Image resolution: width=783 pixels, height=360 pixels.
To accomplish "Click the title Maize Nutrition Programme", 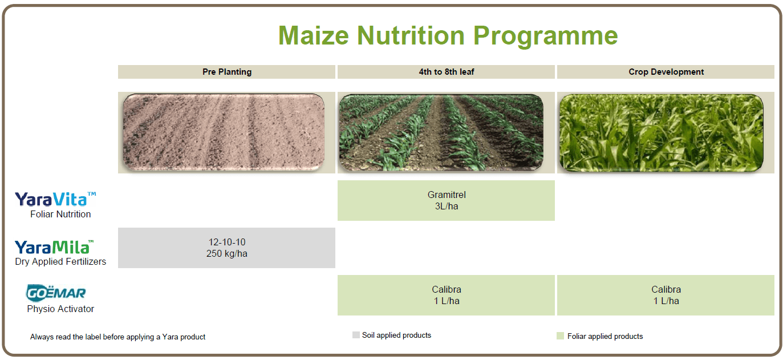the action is tap(448, 36).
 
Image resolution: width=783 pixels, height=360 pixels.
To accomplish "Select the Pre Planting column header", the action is tap(226, 72).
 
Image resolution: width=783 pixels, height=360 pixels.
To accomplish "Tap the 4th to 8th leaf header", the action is tap(446, 72).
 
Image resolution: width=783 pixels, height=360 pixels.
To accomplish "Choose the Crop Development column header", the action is tap(666, 72).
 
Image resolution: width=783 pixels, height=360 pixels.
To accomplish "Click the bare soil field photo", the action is tap(224, 132).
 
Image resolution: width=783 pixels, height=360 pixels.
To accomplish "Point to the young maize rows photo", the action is tap(441, 132).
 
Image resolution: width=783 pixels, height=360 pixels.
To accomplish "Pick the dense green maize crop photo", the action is tap(661, 133).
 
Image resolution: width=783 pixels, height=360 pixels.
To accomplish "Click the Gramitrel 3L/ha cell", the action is tap(446, 200).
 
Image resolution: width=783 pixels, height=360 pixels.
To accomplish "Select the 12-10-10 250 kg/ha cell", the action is tap(226, 248).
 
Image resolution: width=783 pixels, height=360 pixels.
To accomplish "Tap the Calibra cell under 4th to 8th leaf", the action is tap(446, 296).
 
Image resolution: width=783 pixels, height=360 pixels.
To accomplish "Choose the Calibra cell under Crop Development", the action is tap(666, 296).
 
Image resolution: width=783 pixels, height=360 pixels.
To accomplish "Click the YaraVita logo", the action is tap(55, 199).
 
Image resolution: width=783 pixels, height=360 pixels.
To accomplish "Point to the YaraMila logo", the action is tap(54, 247).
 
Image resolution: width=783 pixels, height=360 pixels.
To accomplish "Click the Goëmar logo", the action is tap(56, 293).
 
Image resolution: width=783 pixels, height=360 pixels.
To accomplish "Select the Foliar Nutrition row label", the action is tap(60, 214).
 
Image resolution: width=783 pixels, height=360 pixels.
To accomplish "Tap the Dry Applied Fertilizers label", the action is tap(60, 262).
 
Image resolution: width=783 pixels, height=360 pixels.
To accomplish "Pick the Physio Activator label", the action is tap(60, 309).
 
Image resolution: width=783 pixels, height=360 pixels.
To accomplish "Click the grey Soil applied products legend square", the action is tap(356, 335).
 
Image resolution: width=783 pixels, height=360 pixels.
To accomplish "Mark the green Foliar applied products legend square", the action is tap(560, 336).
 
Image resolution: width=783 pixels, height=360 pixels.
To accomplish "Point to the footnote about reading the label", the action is tap(118, 337).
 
